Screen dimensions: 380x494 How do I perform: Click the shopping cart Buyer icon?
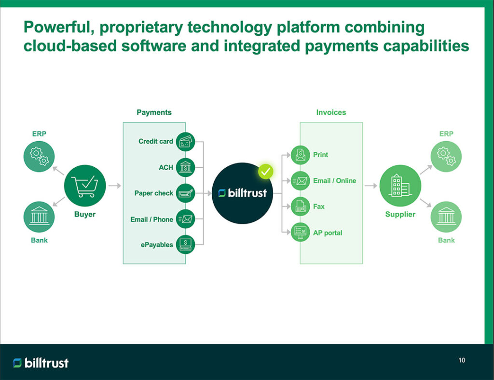(x=85, y=186)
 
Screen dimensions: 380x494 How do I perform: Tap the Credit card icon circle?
(x=185, y=142)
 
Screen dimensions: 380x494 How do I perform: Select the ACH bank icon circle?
(x=185, y=167)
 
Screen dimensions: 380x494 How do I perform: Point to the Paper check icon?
(x=185, y=193)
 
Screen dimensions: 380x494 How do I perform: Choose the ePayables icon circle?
(x=185, y=244)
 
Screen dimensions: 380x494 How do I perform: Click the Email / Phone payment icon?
(x=185, y=219)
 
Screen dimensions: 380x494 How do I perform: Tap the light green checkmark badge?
(x=265, y=171)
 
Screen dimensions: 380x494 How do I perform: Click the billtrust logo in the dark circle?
(x=242, y=193)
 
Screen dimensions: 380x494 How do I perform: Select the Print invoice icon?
(x=301, y=155)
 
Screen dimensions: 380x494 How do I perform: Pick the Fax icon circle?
(x=301, y=206)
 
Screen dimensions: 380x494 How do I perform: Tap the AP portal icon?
(x=301, y=233)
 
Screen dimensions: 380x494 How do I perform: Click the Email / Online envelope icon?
(x=301, y=181)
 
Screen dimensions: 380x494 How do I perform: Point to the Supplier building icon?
(x=400, y=186)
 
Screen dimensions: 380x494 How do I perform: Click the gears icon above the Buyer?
(x=39, y=155)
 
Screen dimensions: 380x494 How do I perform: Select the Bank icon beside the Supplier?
(x=446, y=217)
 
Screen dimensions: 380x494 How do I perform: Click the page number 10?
(x=462, y=360)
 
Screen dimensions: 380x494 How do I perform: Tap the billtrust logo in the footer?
(x=41, y=363)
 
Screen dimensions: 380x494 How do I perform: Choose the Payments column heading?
(x=154, y=112)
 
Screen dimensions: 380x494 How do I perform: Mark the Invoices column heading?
(x=331, y=112)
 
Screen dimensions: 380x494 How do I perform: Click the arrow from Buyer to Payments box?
(x=114, y=186)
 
